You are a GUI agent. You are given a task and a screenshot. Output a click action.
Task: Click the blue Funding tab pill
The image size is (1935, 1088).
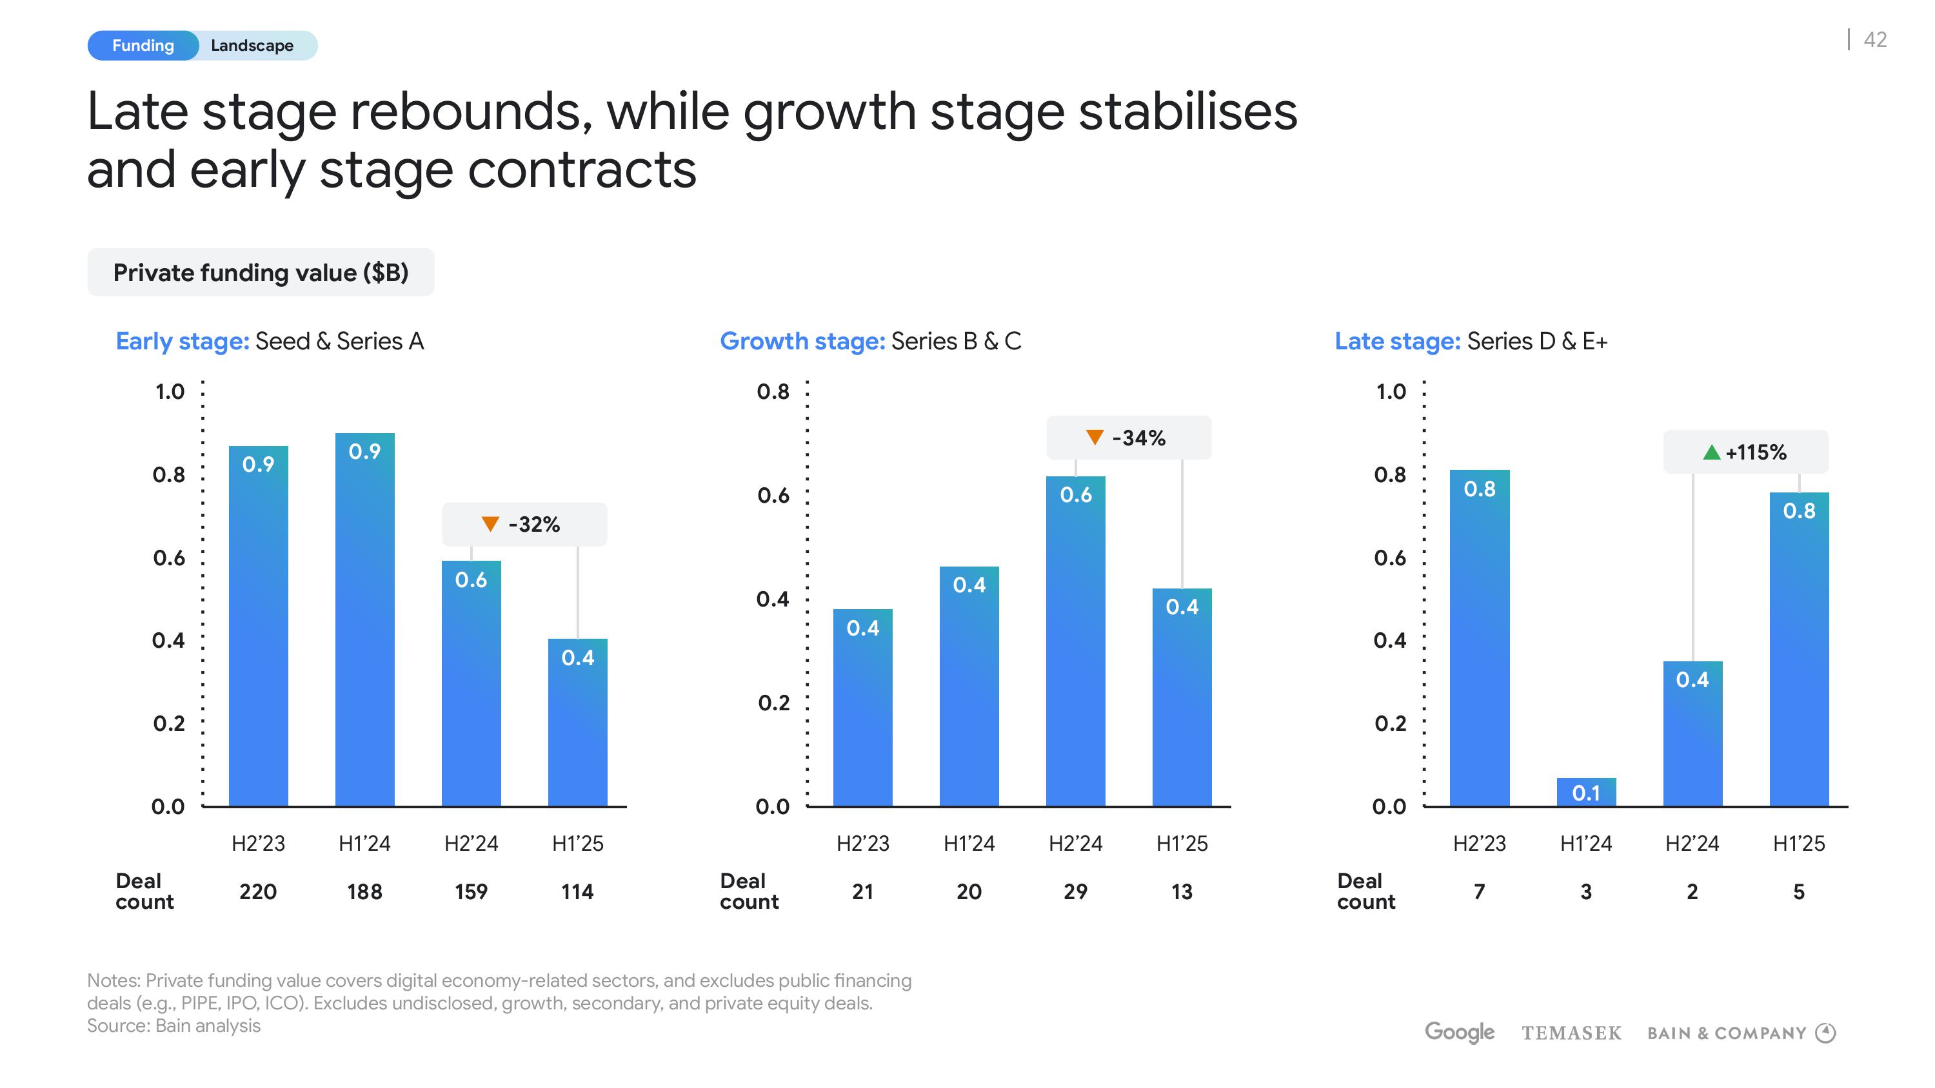click(143, 46)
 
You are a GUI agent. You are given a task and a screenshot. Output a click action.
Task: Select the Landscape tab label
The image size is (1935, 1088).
click(252, 46)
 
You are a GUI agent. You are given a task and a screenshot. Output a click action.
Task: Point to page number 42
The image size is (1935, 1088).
click(1875, 40)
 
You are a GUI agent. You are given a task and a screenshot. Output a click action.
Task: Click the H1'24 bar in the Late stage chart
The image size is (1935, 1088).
click(1585, 792)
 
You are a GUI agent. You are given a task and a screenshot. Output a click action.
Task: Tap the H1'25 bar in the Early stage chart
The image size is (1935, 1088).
click(578, 723)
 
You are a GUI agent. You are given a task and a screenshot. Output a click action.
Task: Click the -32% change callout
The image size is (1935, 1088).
click(524, 524)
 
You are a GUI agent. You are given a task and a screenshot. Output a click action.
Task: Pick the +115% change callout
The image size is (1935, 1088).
click(1746, 452)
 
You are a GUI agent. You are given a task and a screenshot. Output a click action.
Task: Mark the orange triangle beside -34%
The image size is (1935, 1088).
click(1095, 437)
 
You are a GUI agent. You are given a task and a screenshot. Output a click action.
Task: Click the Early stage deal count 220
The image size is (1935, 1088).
click(257, 892)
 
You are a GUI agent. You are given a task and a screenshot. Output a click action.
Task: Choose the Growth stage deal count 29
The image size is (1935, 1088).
click(1076, 892)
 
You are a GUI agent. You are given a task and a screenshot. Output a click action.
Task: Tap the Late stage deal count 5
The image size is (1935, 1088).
click(1799, 892)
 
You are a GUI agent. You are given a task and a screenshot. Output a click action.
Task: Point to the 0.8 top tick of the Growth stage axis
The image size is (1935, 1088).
click(773, 391)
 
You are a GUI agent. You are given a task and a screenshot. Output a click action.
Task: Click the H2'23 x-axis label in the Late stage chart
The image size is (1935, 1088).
click(1479, 844)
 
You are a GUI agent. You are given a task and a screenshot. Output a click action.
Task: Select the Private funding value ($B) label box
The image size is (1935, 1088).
click(261, 273)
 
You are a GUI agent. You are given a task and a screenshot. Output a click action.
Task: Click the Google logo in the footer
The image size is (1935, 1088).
click(1460, 1033)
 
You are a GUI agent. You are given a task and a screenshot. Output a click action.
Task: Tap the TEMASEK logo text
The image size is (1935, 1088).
click(1571, 1033)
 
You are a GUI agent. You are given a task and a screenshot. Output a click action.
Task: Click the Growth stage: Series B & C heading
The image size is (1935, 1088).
click(871, 342)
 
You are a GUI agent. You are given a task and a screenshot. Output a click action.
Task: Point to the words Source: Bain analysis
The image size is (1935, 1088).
click(174, 1025)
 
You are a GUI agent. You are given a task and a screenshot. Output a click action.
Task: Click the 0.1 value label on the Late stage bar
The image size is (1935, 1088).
click(1585, 793)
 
